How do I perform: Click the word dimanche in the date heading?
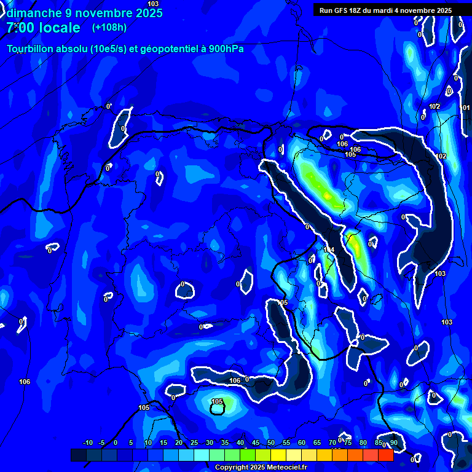[x=31, y=13]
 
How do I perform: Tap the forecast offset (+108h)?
[x=109, y=28]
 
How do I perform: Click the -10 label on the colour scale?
[x=87, y=443]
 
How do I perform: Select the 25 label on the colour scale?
[x=194, y=443]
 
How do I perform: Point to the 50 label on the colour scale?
[x=271, y=443]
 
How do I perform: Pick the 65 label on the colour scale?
[x=317, y=443]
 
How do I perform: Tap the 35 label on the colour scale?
[x=224, y=443]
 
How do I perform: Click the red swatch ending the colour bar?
[x=386, y=455]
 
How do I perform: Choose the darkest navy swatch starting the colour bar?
[x=78, y=455]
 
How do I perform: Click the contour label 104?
[x=329, y=250]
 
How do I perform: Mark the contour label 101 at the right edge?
[x=466, y=108]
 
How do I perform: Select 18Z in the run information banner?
[x=361, y=10]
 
